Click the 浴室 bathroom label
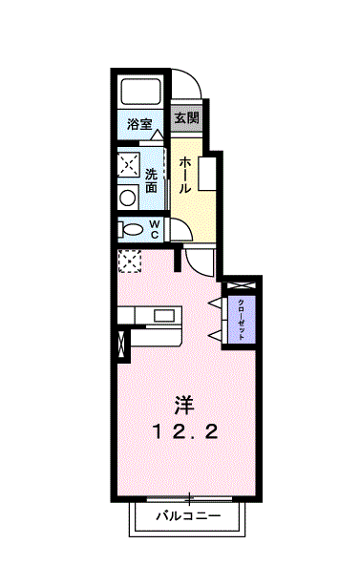[x=140, y=124]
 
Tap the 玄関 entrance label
[x=187, y=119]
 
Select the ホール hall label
[x=185, y=175]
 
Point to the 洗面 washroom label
[x=152, y=180]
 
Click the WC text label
[x=154, y=229]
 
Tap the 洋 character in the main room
[x=185, y=405]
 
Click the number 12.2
[x=185, y=432]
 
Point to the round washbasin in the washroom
[x=127, y=198]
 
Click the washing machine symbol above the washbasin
[x=128, y=163]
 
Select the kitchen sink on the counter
[x=164, y=315]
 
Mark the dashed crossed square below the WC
[x=128, y=260]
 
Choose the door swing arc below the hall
[x=201, y=260]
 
